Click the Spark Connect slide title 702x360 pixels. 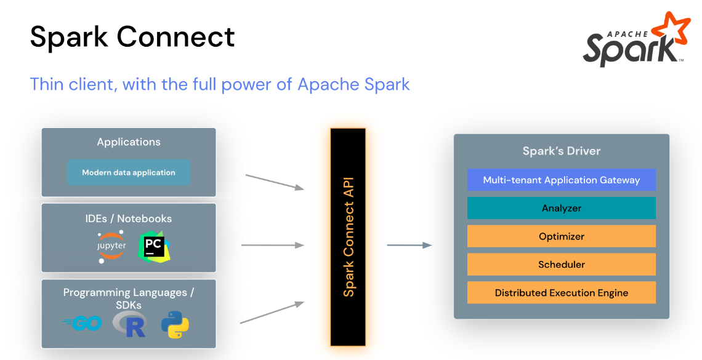(x=132, y=37)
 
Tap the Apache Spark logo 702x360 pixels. (x=634, y=40)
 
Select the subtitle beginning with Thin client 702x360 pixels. (x=220, y=84)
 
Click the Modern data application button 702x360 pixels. (x=129, y=173)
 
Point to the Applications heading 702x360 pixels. (x=129, y=142)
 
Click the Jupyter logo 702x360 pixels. (x=111, y=247)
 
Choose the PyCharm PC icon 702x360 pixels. (x=154, y=247)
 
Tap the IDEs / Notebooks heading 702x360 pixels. (x=129, y=218)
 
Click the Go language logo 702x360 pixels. (x=83, y=324)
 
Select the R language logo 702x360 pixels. (x=130, y=324)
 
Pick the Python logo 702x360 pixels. (x=175, y=324)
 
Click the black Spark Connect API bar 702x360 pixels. (x=348, y=237)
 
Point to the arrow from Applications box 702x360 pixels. (x=275, y=182)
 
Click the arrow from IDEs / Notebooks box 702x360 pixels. (x=273, y=245)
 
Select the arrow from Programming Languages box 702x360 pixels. (x=272, y=312)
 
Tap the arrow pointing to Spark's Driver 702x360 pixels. (x=409, y=245)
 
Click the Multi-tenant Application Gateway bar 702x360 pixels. (x=561, y=180)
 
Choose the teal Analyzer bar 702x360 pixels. (x=561, y=208)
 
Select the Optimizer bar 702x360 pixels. (x=561, y=236)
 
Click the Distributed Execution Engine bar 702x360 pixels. (x=561, y=293)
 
